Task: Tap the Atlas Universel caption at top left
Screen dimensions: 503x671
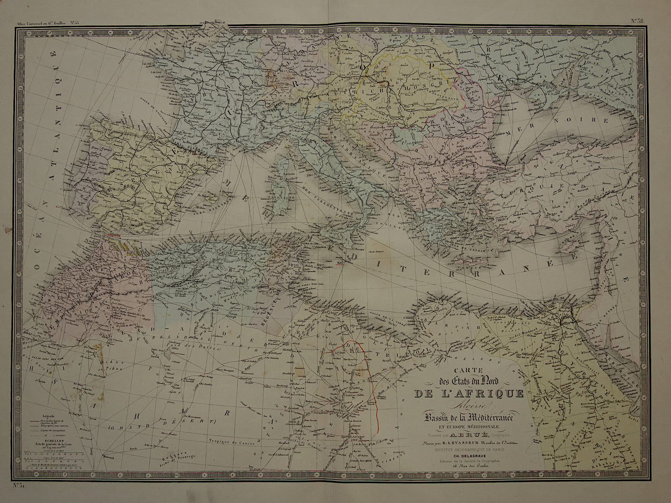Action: [42, 22]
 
